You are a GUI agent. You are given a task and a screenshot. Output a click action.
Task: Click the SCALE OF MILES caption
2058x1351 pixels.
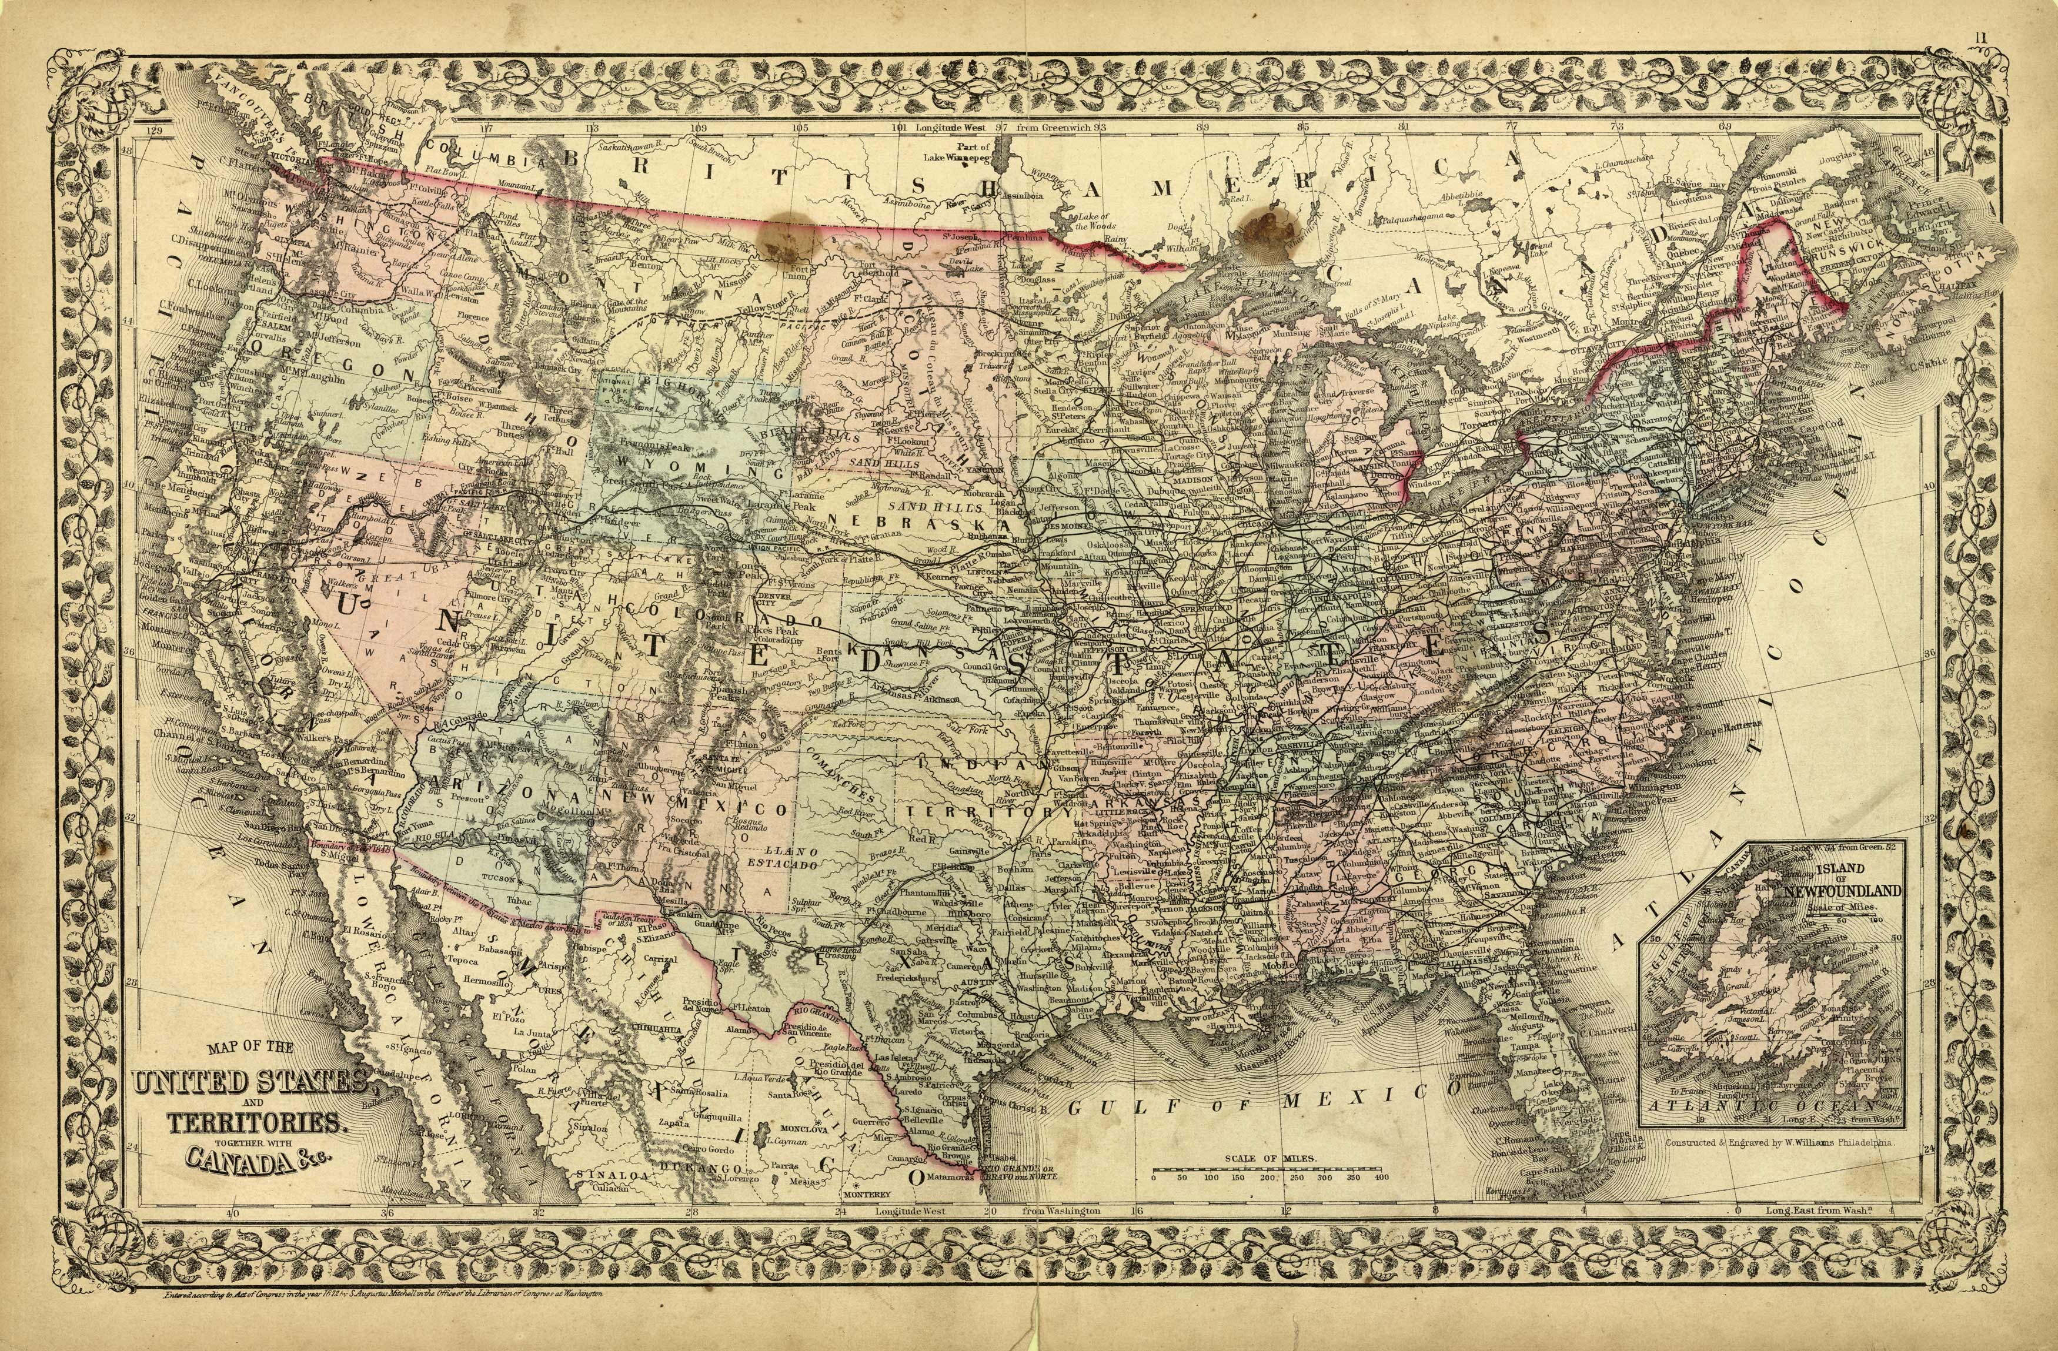[1270, 1158]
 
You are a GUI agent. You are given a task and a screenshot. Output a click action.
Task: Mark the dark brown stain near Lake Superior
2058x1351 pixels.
[1268, 229]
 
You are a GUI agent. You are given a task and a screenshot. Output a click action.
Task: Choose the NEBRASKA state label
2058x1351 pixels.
[908, 521]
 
